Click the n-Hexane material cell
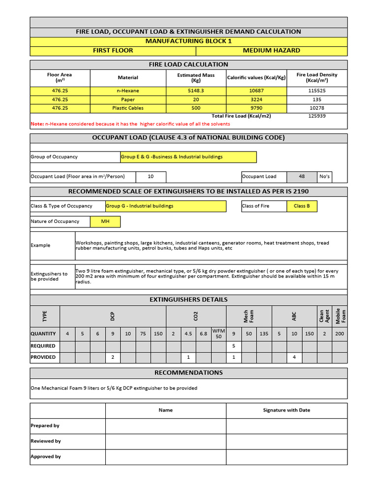pos(128,91)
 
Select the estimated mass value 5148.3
pos(196,91)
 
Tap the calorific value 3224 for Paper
pos(256,99)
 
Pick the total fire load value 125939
pos(317,116)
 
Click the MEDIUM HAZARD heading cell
pos(271,50)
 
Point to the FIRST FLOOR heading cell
pos(113,50)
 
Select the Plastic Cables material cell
pos(128,108)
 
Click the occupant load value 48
pos(302,176)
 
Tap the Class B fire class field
pos(302,206)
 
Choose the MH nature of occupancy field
pos(105,221)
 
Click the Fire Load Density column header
pos(317,78)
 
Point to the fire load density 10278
pos(317,108)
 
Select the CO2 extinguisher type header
pos(196,316)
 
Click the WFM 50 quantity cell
pos(219,333)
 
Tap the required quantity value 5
pos(234,346)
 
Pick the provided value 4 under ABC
pos(294,357)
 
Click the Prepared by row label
pos(45,426)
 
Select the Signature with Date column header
pos(286,410)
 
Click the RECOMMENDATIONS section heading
pos(189,373)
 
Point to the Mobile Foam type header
pos(340,316)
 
